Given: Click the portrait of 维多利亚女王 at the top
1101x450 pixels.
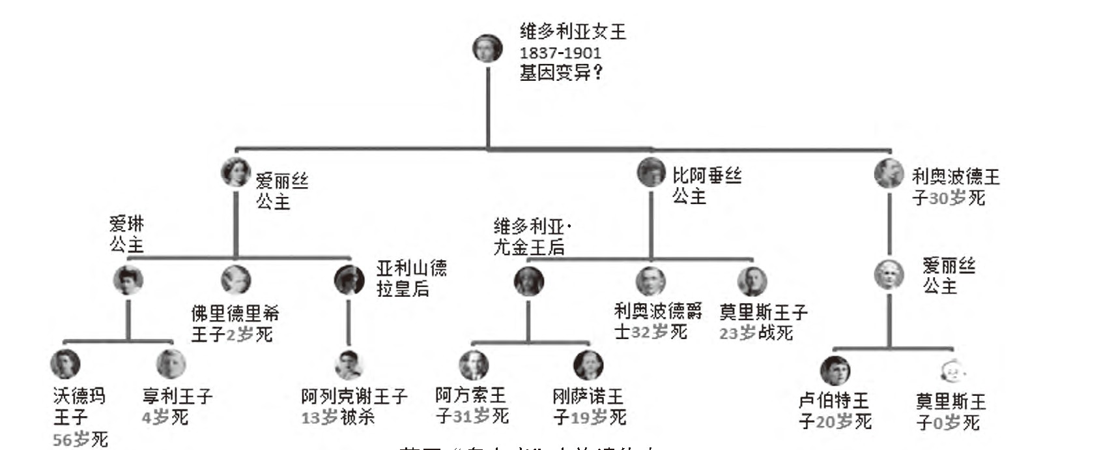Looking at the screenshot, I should point(488,48).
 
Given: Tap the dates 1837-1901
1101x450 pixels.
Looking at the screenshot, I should point(560,53).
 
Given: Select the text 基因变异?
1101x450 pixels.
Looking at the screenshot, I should point(561,72).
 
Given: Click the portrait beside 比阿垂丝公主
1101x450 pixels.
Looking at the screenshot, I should point(651,172).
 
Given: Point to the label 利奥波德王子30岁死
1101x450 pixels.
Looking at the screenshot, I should point(954,187).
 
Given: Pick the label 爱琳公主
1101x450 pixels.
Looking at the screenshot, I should point(126,234).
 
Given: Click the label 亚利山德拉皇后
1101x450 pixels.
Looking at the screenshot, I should point(412,278).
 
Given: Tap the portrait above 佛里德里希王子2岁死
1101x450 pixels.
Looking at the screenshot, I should point(235,280).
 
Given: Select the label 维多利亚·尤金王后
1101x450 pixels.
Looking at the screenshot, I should point(530,237).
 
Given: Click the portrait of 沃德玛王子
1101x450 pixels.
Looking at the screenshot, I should point(65,364).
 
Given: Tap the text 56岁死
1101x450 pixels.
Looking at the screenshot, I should point(80,439).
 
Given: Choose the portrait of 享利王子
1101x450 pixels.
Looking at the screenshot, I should point(171,364).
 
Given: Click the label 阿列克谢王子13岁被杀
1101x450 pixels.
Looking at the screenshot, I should point(354,406).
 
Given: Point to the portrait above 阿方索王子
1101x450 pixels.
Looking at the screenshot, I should point(474,365).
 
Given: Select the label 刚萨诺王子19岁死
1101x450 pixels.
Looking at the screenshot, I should point(589,406).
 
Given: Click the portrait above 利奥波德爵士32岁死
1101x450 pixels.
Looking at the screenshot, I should point(651,281).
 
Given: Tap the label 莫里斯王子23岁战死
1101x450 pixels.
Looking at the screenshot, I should point(763,322).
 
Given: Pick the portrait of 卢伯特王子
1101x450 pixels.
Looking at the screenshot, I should point(835,370).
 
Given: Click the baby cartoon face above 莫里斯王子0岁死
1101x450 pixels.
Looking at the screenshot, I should point(951,372).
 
